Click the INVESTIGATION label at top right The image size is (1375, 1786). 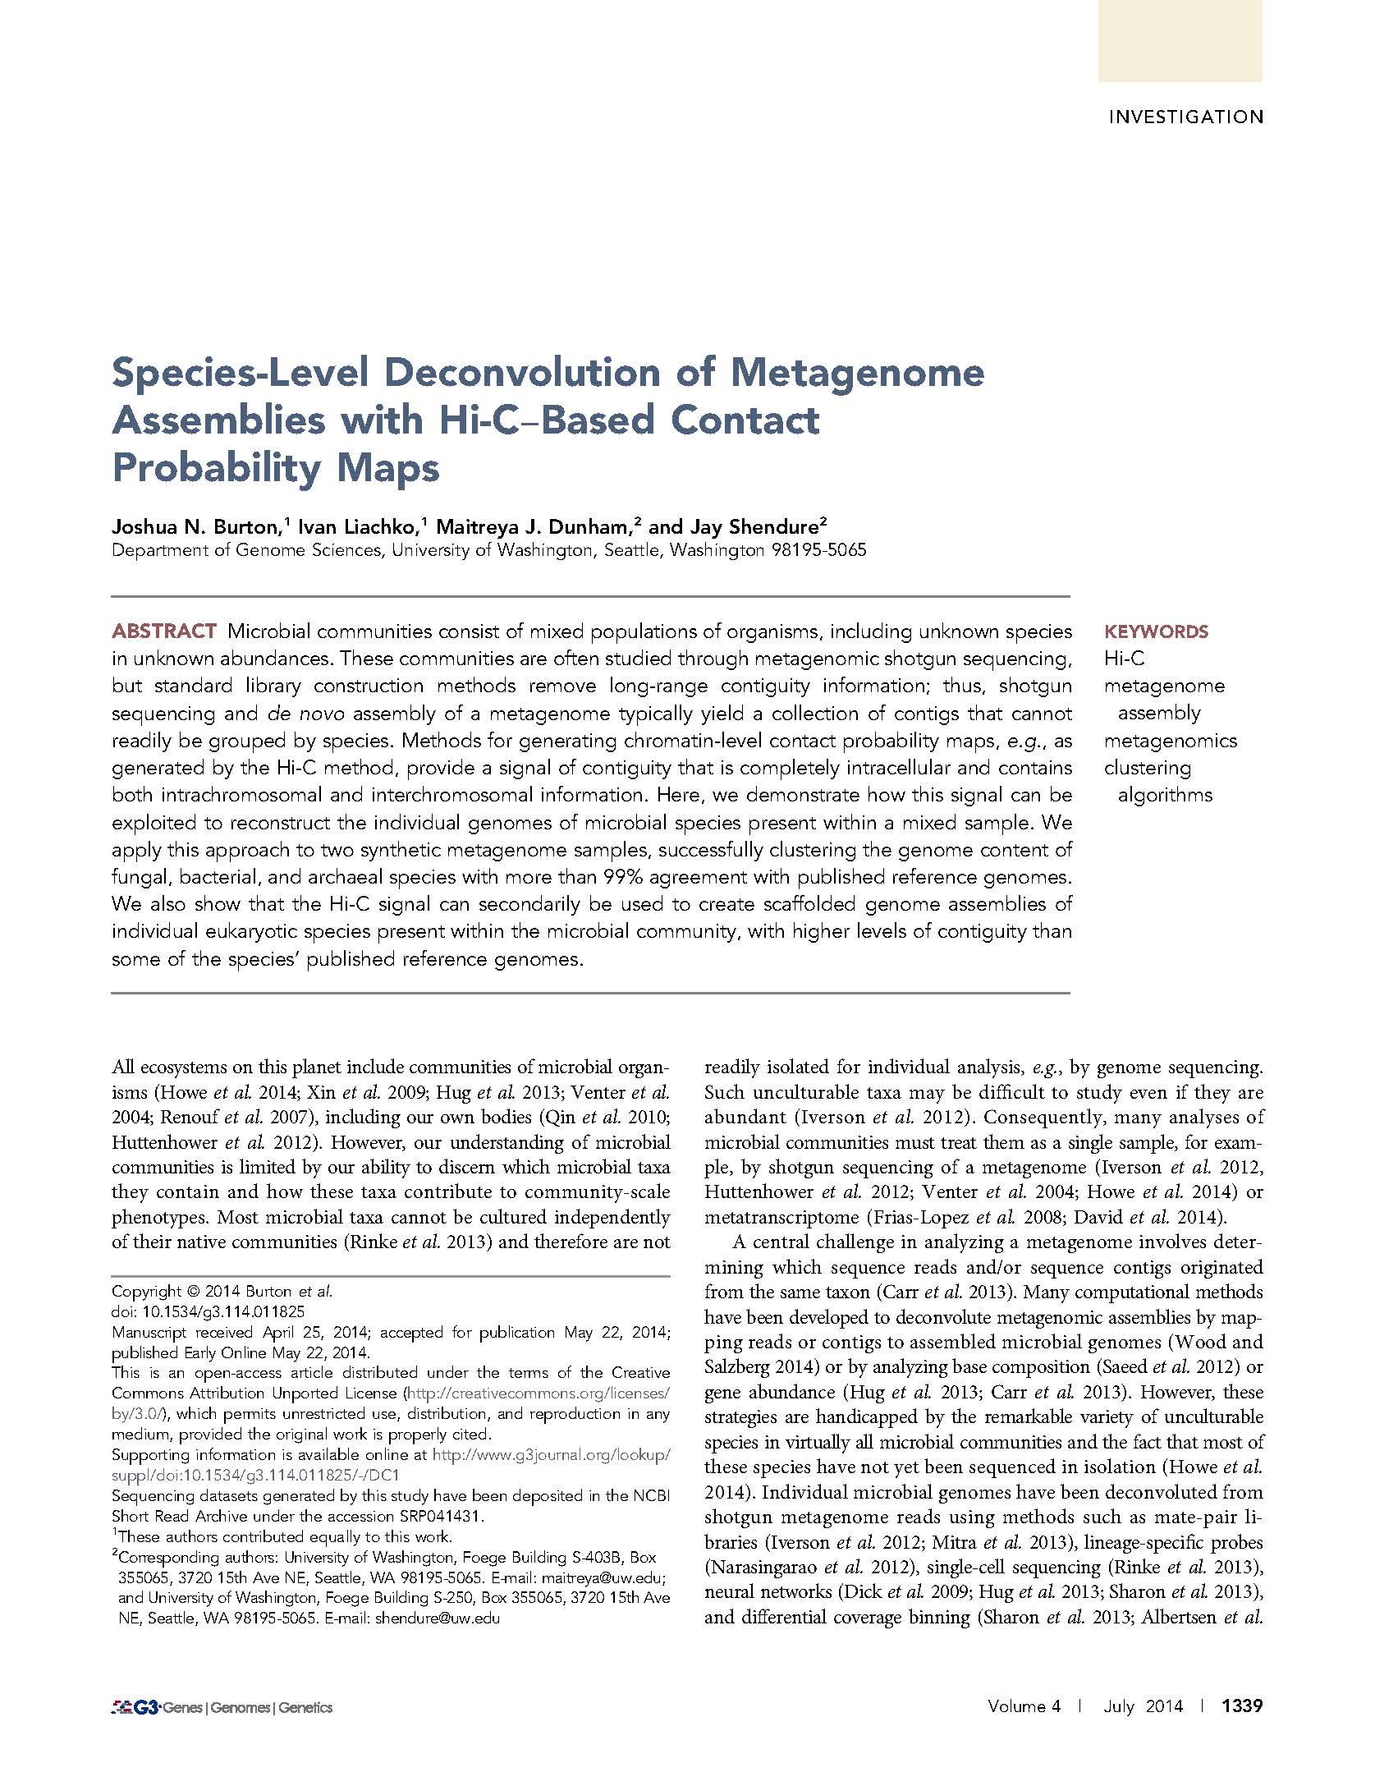(1185, 117)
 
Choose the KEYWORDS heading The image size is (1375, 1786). (1156, 631)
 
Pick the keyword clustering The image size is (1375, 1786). (1147, 768)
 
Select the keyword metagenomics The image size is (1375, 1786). (1170, 741)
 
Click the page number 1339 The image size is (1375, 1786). (1241, 1706)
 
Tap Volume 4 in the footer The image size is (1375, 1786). (1024, 1706)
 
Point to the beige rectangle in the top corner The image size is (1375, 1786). (1180, 40)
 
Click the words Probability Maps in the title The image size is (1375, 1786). (276, 468)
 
